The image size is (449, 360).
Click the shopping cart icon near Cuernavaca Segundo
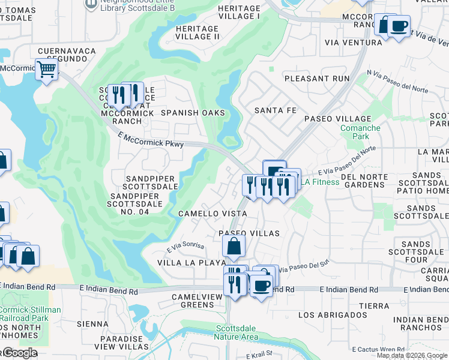(x=46, y=70)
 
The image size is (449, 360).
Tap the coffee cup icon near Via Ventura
(x=399, y=26)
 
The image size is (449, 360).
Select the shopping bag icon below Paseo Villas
(x=234, y=246)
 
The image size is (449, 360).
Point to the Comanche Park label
(x=360, y=133)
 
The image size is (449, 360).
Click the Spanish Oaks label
(x=193, y=113)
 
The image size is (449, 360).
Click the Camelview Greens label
(x=193, y=301)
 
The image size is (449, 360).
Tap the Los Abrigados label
(x=332, y=315)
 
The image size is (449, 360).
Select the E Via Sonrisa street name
(x=185, y=247)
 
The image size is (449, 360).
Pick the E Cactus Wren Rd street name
(x=379, y=349)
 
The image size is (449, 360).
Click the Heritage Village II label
(x=197, y=32)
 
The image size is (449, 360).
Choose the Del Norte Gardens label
(x=362, y=181)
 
